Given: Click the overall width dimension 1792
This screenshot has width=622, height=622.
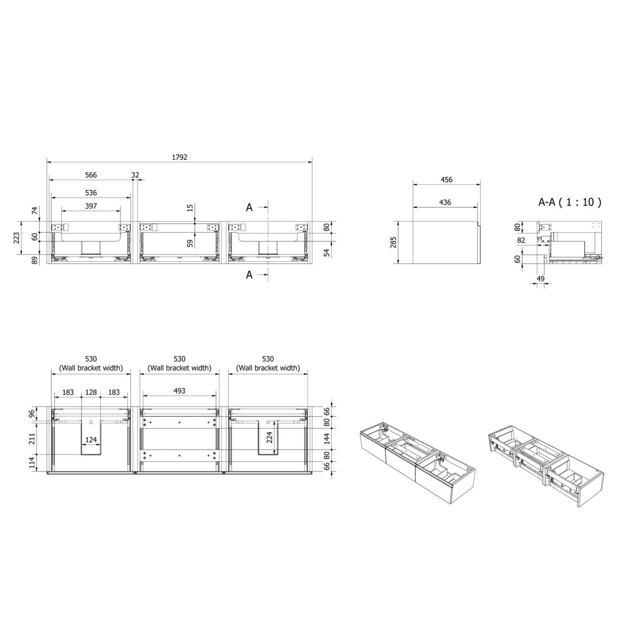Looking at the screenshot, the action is click(180, 157).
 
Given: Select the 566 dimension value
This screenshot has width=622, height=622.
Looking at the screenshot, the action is click(91, 175).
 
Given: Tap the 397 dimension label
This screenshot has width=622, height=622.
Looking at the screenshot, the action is click(91, 206).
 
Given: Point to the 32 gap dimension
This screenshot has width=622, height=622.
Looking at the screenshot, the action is click(135, 175).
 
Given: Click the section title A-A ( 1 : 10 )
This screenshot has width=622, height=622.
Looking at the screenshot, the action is click(569, 202).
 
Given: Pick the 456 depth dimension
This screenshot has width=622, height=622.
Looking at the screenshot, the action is click(447, 180).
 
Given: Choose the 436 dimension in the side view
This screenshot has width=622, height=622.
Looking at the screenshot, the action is click(445, 202).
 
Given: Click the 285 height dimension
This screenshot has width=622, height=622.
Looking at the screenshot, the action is click(393, 242).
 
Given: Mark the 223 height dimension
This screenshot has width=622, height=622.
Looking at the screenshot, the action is click(17, 238).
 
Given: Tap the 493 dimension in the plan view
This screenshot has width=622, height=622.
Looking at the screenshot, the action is click(179, 391).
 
